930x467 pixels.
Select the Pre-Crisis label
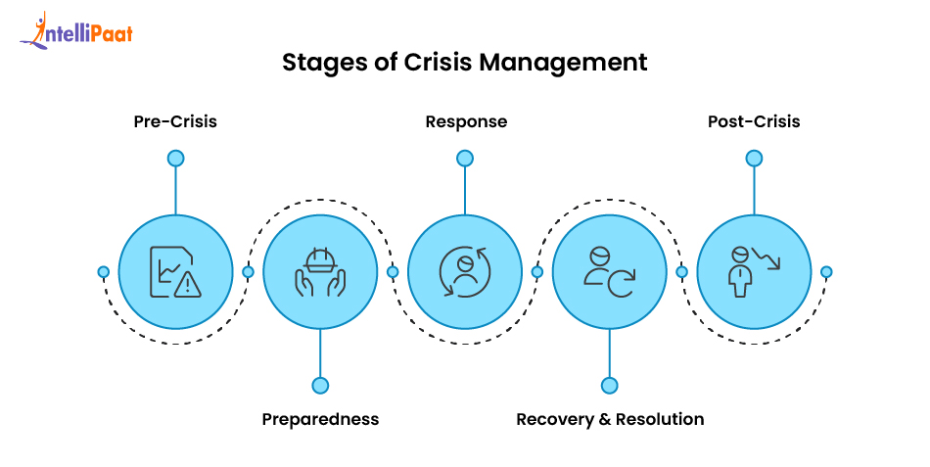pos(175,122)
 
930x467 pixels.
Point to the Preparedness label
pos(320,419)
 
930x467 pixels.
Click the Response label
pos(466,122)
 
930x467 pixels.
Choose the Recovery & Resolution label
pos(610,419)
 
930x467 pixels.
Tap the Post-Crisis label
pos(754,122)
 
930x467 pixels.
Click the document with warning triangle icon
pos(175,271)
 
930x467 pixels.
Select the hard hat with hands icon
pos(320,271)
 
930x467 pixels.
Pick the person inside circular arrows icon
pos(465,271)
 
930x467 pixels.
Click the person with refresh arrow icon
pos(610,271)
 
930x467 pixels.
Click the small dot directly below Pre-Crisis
pos(175,158)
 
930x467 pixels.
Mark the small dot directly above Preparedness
pos(320,386)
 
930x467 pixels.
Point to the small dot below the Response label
pos(465,158)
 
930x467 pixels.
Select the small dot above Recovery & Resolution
pos(610,386)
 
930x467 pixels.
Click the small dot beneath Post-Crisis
pos(754,158)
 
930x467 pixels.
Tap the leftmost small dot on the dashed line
pos(103,271)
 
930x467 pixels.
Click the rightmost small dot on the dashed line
pos(826,271)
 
